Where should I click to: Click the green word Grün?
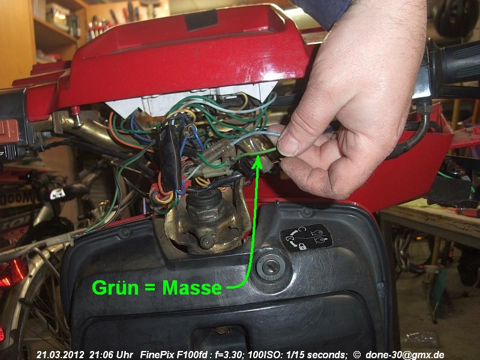tap(115, 288)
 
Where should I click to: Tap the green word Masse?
tap(192, 288)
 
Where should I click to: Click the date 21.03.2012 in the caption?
tap(61, 355)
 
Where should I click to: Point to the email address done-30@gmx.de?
tap(404, 355)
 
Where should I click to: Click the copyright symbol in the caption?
tap(356, 355)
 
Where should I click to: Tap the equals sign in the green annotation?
tap(151, 289)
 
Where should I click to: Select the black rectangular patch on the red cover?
tap(202, 20)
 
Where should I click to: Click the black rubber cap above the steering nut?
tap(205, 197)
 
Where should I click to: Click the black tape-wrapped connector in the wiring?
tap(170, 158)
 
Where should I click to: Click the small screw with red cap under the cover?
tap(77, 116)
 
